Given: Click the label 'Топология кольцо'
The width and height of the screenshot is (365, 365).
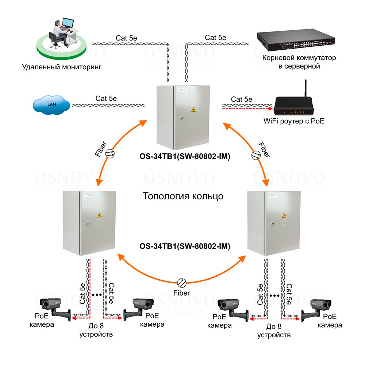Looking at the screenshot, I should tap(182, 196).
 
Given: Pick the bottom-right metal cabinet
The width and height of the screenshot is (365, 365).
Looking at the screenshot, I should tap(275, 223).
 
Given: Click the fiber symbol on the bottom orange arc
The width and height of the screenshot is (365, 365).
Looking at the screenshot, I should tap(182, 282).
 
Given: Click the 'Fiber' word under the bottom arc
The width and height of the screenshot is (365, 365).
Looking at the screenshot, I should tap(182, 293).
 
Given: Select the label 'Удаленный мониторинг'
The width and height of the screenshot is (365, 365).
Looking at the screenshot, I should tap(61, 67).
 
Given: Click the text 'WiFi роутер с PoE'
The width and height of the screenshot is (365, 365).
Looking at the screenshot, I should tap(294, 121).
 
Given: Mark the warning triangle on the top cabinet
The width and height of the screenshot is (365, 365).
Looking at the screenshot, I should tap(193, 109).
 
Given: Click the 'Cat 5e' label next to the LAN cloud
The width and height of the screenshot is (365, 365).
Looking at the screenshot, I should tap(106, 98).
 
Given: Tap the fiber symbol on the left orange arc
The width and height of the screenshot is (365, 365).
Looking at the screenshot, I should tap(110, 154).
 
